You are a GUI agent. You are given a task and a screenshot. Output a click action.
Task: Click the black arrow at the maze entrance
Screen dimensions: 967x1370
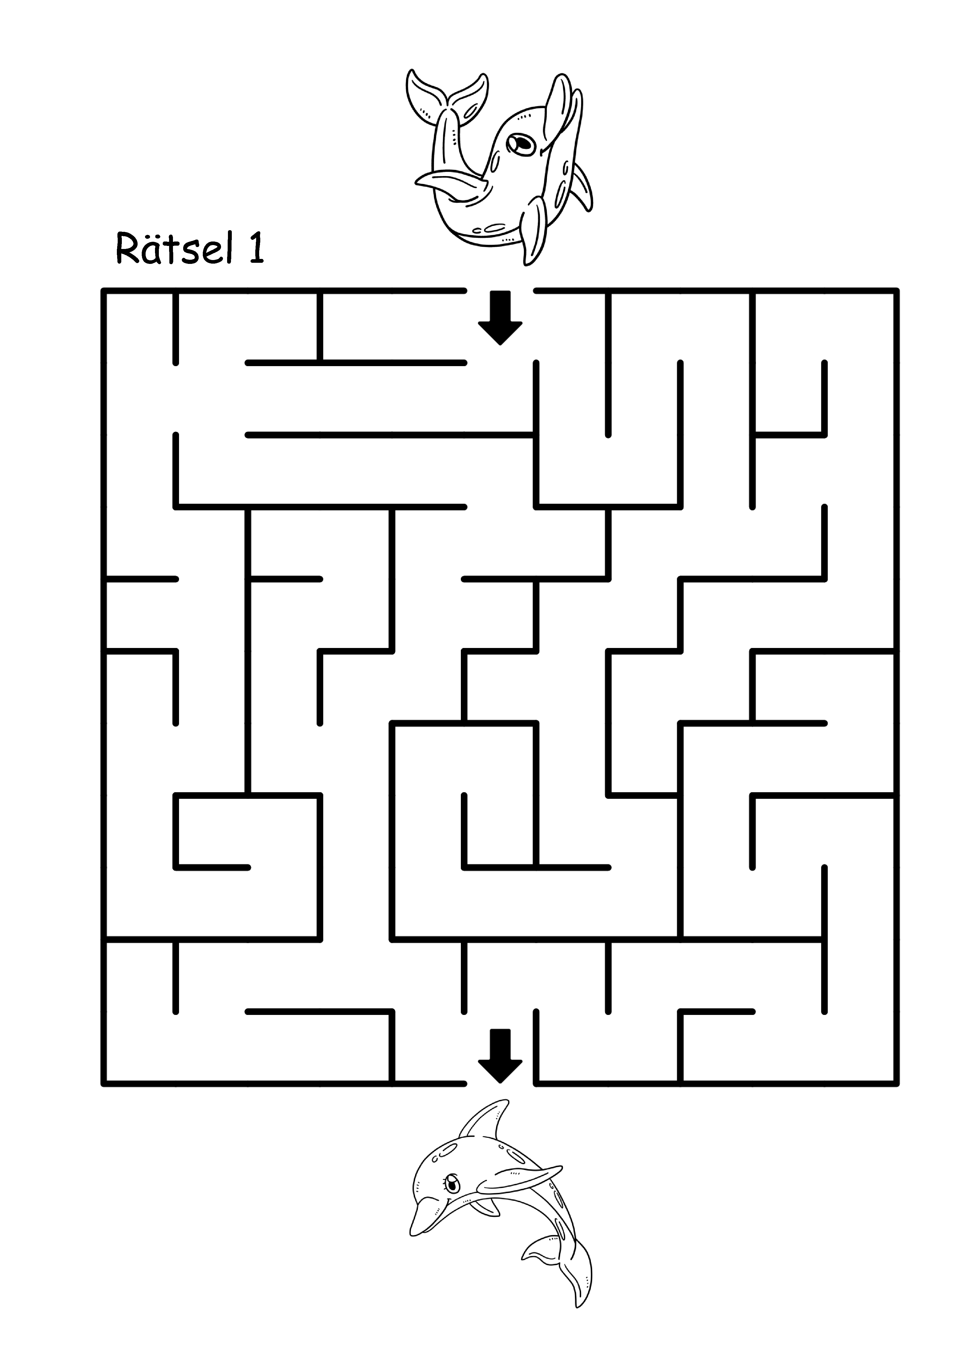500,317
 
